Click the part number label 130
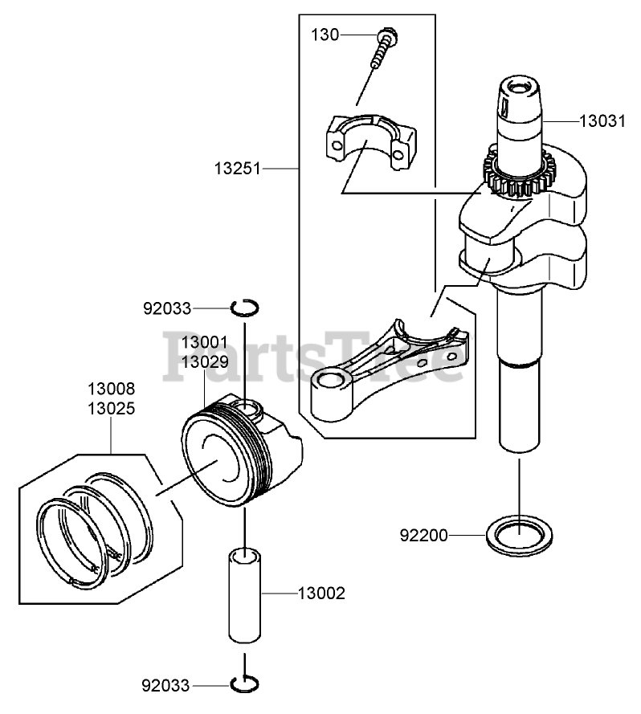click(325, 35)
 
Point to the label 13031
click(602, 121)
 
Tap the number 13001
click(205, 342)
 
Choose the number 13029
click(205, 361)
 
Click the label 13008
click(112, 389)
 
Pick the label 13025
click(112, 408)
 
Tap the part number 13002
click(321, 594)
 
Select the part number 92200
click(423, 534)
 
